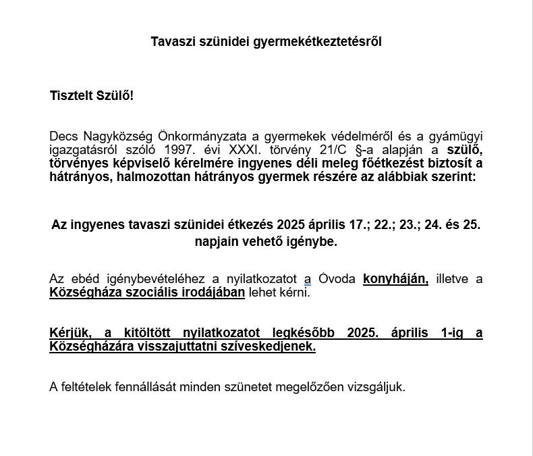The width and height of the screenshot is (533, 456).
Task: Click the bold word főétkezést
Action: click(372, 163)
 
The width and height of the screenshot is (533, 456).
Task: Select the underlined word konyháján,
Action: click(395, 279)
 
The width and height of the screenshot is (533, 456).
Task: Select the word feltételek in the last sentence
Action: click(88, 388)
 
